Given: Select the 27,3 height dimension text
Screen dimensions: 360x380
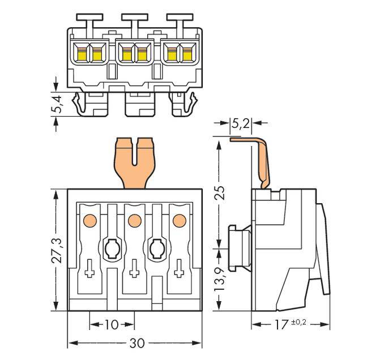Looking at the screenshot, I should click(55, 250).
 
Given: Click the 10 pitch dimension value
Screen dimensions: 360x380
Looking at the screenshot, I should click(112, 324).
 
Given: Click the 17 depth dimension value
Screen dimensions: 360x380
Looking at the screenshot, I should click(283, 325).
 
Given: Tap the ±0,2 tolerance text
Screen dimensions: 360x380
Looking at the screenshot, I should click(299, 323).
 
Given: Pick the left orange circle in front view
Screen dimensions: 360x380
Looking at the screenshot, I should click(89, 220).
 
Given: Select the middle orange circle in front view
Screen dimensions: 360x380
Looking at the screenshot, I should click(134, 220).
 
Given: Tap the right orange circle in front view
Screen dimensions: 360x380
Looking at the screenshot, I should click(179, 220).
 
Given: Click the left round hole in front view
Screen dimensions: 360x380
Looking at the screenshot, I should click(112, 247).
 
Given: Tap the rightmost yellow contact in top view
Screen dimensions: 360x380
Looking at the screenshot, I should click(186, 54).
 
